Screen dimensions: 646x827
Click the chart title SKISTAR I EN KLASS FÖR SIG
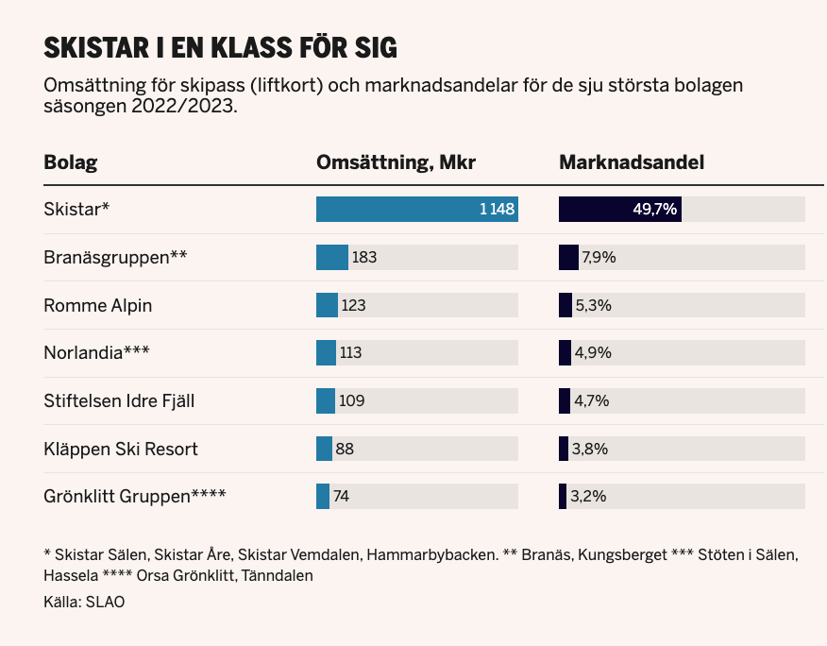pyautogui.click(x=220, y=47)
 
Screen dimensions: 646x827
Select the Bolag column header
pyautogui.click(x=71, y=162)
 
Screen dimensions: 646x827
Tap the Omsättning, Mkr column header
pyautogui.click(x=396, y=162)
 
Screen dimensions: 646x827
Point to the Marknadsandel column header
pyautogui.click(x=632, y=162)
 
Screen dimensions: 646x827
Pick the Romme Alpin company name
pyautogui.click(x=97, y=305)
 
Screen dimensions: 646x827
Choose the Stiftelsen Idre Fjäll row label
pyautogui.click(x=119, y=400)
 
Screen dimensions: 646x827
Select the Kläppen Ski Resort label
pyautogui.click(x=121, y=449)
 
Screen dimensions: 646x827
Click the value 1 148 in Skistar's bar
pyautogui.click(x=497, y=210)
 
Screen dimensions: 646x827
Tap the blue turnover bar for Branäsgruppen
pyautogui.click(x=332, y=257)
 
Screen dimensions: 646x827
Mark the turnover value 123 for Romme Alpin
pyautogui.click(x=353, y=305)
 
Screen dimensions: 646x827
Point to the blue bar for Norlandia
pyautogui.click(x=326, y=353)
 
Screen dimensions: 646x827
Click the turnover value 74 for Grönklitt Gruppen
pyautogui.click(x=342, y=497)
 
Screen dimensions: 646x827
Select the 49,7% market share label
pyautogui.click(x=654, y=210)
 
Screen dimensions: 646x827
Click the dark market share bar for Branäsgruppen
pyautogui.click(x=568, y=257)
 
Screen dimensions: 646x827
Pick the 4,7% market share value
pyautogui.click(x=592, y=400)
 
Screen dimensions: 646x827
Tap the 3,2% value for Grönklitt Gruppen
pyautogui.click(x=587, y=497)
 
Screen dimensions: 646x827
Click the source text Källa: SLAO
pyautogui.click(x=84, y=602)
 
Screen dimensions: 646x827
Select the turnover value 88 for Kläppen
pyautogui.click(x=345, y=449)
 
